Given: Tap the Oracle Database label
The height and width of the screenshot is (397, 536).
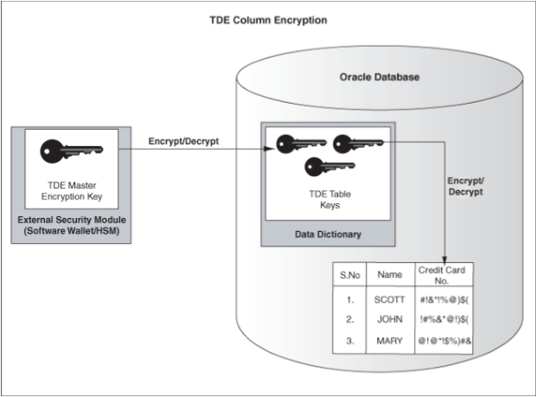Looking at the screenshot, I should coord(379,77).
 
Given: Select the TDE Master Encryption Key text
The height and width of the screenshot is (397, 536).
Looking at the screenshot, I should coord(70,190).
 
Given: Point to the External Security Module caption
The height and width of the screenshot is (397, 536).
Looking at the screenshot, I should coord(71,227).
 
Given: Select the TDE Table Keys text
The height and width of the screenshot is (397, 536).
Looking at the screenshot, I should coord(324,201).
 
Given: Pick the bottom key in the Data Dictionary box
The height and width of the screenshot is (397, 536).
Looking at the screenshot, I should coord(324,168).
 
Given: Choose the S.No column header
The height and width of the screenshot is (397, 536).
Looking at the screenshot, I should coord(350,275).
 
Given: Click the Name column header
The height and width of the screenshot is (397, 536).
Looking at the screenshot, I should coord(391,275).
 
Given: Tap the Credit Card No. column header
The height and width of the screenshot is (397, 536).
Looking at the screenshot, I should coord(443,275).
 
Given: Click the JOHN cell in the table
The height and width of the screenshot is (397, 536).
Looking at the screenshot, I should coord(391,319).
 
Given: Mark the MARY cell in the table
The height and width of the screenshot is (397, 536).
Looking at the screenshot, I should coord(391,340).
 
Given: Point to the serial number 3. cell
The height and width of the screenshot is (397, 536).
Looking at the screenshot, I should coord(350,340).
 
